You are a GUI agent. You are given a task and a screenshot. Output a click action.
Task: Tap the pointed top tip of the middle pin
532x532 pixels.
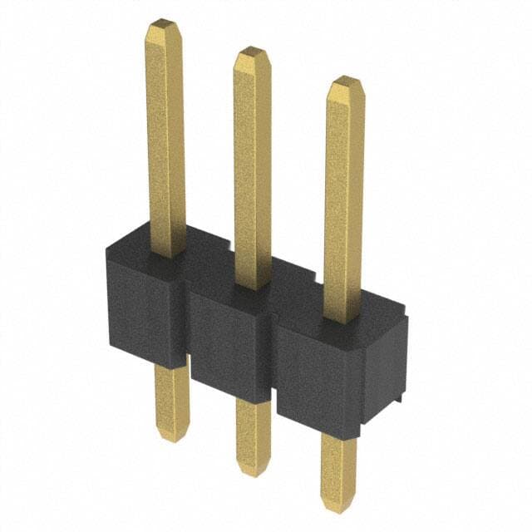(252, 53)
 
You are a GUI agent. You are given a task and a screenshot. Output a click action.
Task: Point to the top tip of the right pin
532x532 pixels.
(345, 81)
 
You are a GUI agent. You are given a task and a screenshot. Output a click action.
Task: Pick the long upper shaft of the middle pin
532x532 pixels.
(253, 166)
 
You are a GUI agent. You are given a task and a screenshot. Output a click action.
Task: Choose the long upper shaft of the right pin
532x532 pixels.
(343, 199)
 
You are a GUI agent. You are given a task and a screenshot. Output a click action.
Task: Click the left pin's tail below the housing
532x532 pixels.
(171, 399)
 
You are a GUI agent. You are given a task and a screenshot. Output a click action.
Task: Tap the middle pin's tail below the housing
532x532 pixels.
(253, 432)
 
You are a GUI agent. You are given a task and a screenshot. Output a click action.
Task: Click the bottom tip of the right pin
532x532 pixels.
(338, 505)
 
